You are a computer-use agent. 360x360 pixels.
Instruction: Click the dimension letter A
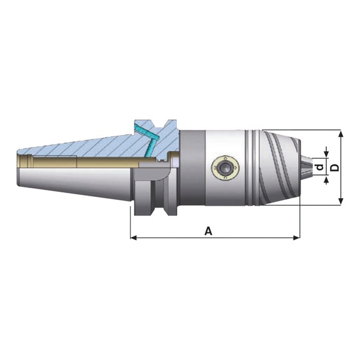[208, 231]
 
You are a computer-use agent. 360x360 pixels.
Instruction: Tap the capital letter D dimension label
[335, 167]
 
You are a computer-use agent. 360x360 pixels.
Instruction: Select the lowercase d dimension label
[320, 167]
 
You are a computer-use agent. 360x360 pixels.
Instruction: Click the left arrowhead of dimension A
[133, 237]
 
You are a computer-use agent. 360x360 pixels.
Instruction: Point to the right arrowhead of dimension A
[296, 237]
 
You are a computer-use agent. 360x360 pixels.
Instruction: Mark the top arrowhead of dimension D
[341, 133]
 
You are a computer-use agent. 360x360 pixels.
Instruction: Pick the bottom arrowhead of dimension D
[341, 201]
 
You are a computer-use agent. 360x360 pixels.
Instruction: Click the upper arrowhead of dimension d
[326, 155]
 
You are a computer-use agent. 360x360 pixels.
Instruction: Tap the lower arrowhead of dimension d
[326, 180]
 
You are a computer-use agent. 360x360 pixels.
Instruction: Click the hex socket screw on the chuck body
[225, 167]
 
